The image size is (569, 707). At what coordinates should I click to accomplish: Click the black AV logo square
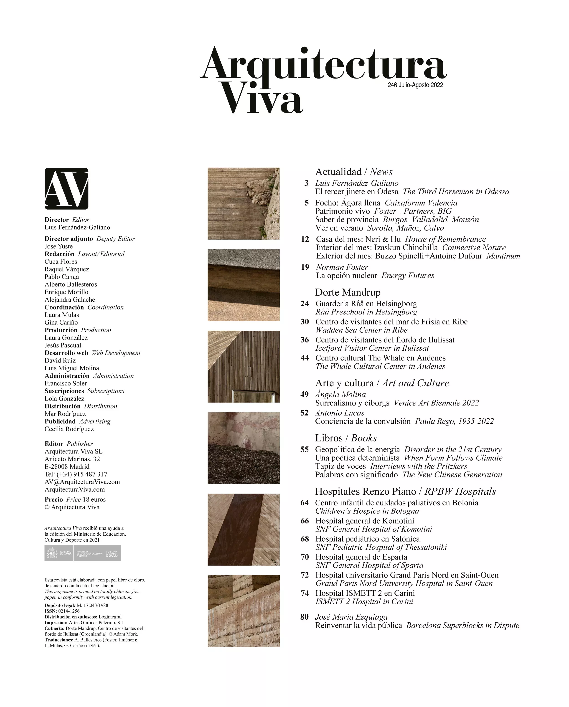66,189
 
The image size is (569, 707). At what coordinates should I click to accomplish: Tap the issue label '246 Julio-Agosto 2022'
415,85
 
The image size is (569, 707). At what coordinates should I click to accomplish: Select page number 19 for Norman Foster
305,267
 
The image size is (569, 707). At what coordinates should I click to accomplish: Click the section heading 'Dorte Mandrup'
348,292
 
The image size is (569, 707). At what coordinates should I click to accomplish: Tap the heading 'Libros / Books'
346,438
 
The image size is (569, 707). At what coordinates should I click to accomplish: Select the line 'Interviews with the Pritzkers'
419,466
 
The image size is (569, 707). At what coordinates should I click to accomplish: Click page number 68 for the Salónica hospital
305,539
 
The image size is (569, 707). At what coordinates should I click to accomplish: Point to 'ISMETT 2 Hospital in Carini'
364,601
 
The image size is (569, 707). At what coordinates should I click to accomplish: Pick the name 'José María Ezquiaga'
351,617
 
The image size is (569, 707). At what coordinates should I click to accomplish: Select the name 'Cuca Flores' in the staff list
61,261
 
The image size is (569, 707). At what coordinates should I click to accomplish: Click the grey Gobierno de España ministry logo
83,553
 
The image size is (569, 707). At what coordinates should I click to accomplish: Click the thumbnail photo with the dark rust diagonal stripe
243,529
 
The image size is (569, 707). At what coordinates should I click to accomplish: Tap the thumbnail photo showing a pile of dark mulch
243,448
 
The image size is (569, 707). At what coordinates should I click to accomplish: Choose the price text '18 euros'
94,499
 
